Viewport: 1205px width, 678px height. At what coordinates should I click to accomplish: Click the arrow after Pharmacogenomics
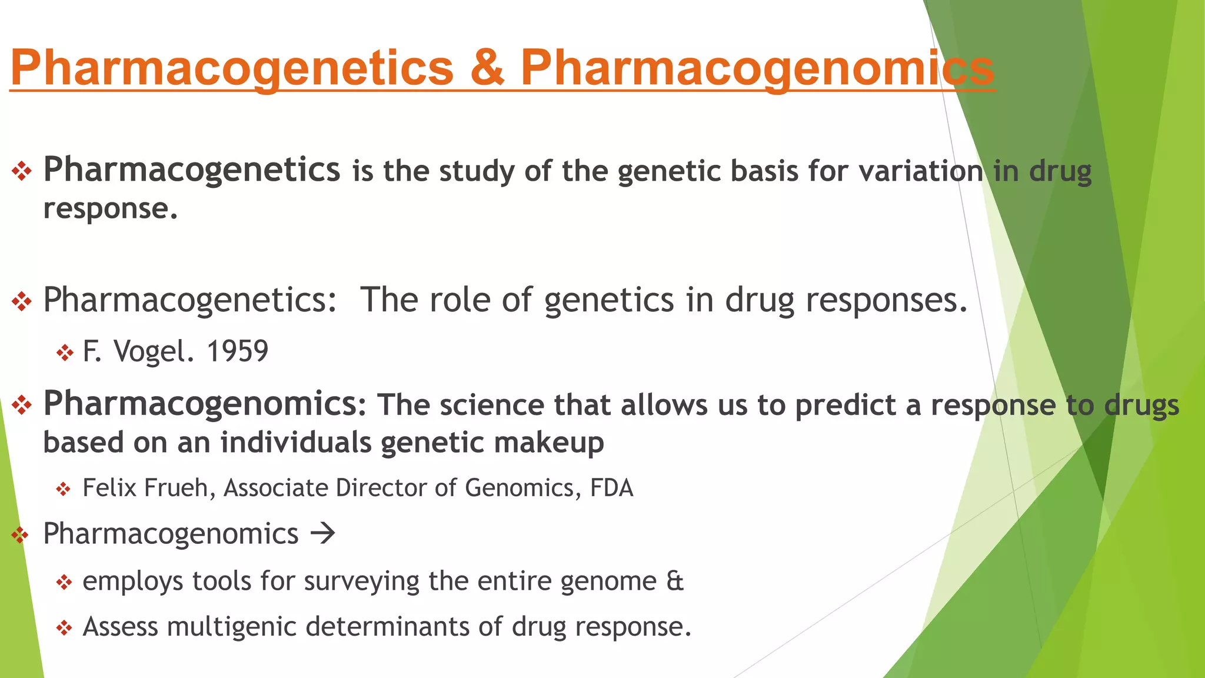(x=322, y=534)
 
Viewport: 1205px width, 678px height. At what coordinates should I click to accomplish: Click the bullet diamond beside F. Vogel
(x=64, y=353)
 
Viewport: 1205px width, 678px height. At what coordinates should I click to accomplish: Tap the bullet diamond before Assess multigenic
(x=64, y=628)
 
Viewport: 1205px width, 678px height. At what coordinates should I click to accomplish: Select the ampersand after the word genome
(x=675, y=581)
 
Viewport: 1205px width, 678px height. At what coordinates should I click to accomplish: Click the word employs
(x=133, y=581)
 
